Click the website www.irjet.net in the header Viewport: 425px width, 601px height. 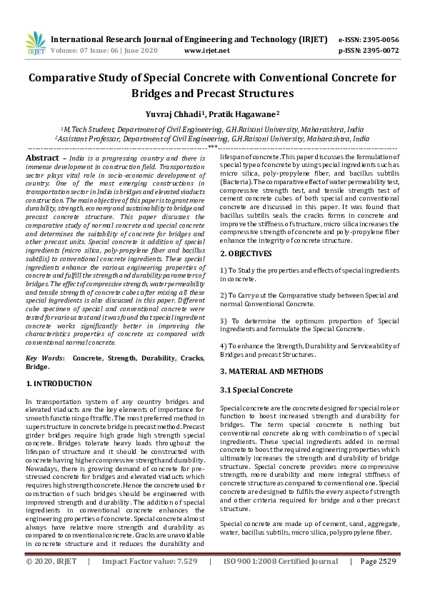pos(206,51)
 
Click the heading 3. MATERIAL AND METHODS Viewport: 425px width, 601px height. pos(271,371)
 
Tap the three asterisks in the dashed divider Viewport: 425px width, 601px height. pos(212,146)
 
